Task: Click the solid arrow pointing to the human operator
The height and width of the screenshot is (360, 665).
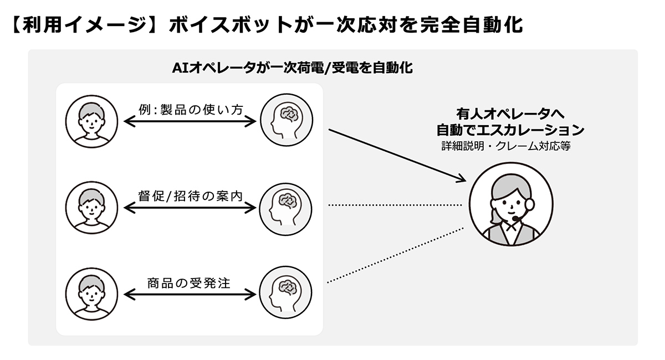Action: click(396, 155)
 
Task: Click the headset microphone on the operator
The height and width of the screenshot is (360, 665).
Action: click(516, 220)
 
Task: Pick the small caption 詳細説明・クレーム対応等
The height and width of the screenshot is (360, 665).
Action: click(506, 146)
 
